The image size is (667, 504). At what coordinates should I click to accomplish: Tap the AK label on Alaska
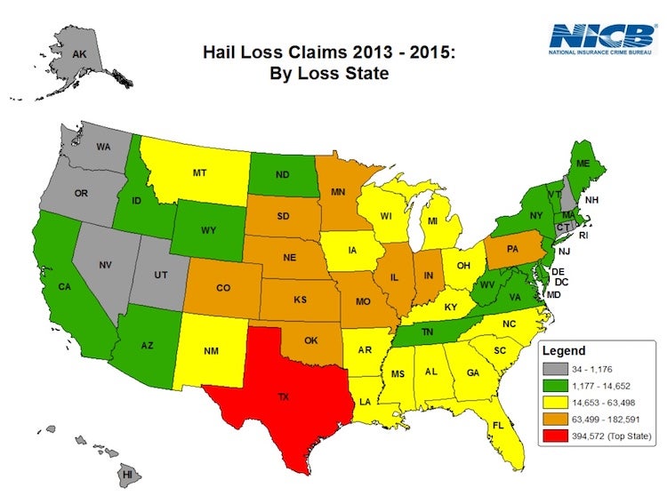click(79, 54)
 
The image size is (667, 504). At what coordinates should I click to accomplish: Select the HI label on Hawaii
click(128, 475)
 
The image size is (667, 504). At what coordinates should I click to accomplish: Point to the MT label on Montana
click(199, 173)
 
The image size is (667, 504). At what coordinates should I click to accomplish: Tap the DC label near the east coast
click(561, 283)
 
